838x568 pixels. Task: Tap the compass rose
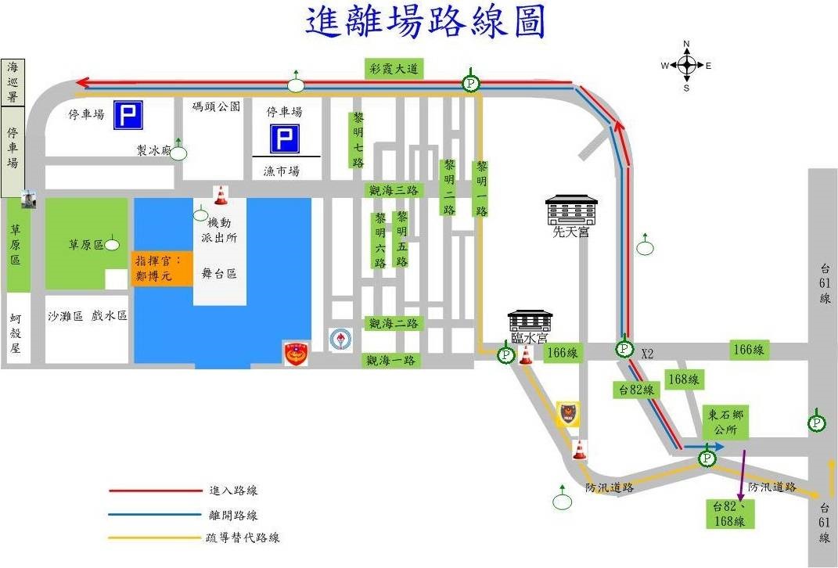pyautogui.click(x=686, y=66)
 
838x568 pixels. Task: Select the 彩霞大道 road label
pyautogui.click(x=395, y=69)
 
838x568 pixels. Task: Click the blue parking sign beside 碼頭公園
pyautogui.click(x=128, y=116)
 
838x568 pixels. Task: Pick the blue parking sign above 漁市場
pyautogui.click(x=285, y=139)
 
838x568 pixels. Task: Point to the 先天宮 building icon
pyautogui.click(x=571, y=211)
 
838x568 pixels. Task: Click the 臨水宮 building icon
pyautogui.click(x=530, y=322)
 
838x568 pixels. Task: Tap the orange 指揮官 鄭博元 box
pyautogui.click(x=162, y=268)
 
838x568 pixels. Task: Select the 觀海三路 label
pyautogui.click(x=394, y=190)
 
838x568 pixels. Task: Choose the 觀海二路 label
pyautogui.click(x=394, y=323)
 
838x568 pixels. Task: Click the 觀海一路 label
pyautogui.click(x=392, y=361)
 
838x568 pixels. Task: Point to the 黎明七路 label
pyautogui.click(x=358, y=140)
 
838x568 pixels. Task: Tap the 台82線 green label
pyautogui.click(x=635, y=390)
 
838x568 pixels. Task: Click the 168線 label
pyautogui.click(x=683, y=379)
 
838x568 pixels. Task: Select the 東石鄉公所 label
pyautogui.click(x=725, y=422)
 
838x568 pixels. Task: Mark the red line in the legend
pyautogui.click(x=155, y=491)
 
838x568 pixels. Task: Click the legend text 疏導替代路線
pyautogui.click(x=243, y=537)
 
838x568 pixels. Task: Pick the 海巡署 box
pyautogui.click(x=12, y=81)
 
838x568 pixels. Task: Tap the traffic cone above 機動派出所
pyautogui.click(x=221, y=195)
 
